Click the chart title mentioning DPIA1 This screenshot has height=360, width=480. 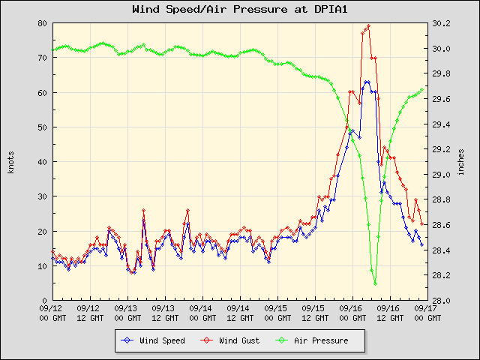click(239, 10)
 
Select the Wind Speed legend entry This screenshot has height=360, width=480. click(156, 340)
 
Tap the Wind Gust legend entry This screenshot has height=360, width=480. click(233, 340)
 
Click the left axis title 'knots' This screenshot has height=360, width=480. click(10, 161)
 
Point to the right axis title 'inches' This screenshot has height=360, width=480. click(460, 161)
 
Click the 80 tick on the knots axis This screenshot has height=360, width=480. click(43, 23)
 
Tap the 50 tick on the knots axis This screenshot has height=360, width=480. click(43, 127)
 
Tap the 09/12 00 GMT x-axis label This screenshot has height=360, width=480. click(52, 312)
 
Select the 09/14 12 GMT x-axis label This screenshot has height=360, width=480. click(238, 312)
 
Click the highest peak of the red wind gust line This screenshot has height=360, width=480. click(368, 26)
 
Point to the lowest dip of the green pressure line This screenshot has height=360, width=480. click(375, 283)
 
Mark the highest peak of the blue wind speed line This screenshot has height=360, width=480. click(367, 82)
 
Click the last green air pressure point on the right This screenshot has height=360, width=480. click(423, 88)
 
